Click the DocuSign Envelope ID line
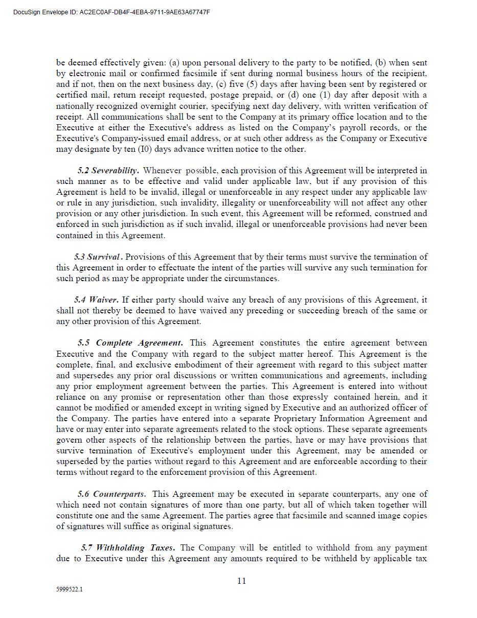click(x=111, y=12)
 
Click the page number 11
click(x=242, y=581)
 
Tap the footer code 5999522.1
click(x=70, y=589)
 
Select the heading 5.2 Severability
click(x=108, y=170)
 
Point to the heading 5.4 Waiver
click(x=96, y=300)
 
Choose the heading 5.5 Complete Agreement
click(x=130, y=342)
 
